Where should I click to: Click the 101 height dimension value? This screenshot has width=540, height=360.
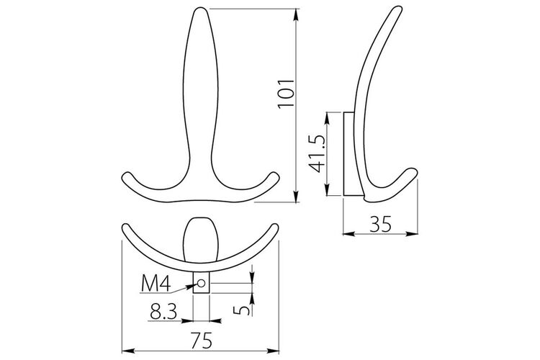[x=286, y=94]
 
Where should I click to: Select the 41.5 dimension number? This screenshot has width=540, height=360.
[x=317, y=153]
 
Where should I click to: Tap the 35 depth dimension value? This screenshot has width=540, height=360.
[x=381, y=224]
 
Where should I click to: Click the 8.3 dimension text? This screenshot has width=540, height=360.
[x=163, y=312]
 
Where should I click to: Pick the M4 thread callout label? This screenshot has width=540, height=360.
[x=156, y=284]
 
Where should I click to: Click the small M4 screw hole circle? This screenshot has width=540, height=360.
[x=201, y=283]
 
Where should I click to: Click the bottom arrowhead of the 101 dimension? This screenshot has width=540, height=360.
[x=296, y=196]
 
